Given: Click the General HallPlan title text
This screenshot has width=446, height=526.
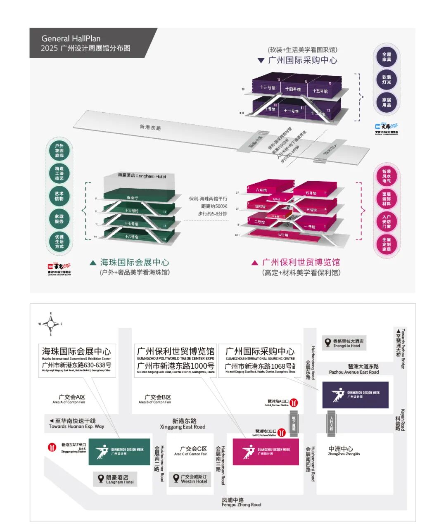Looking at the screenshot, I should pyautogui.click(x=71, y=38).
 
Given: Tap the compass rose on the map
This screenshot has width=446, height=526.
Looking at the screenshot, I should pyautogui.click(x=51, y=324).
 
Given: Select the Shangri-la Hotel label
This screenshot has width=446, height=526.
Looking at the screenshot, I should pyautogui.click(x=344, y=343).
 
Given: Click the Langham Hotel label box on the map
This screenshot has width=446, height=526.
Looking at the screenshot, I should pyautogui.click(x=115, y=479).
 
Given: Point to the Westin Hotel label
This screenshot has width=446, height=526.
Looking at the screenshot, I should pyautogui.click(x=190, y=479).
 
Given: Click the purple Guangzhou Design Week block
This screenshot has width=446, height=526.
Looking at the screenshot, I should pyautogui.click(x=355, y=395).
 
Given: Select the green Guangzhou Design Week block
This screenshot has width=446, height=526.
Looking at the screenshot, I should pyautogui.click(x=119, y=452).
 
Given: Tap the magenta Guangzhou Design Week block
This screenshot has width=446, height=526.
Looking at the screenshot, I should pyautogui.click(x=266, y=452).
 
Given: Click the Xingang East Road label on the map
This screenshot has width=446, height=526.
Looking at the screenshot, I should pyautogui.click(x=183, y=424).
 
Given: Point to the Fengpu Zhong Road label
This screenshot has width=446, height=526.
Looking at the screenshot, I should pyautogui.click(x=241, y=502).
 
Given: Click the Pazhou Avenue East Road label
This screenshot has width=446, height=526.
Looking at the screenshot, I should pyautogui.click(x=353, y=369).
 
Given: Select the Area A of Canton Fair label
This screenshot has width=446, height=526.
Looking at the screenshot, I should pyautogui.click(x=69, y=399).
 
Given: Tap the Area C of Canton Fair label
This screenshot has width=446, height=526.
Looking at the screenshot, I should pyautogui.click(x=191, y=451).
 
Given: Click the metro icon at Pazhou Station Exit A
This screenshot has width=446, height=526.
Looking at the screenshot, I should pyautogui.click(x=294, y=403).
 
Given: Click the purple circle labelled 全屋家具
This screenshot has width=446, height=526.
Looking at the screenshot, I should pyautogui.click(x=387, y=57).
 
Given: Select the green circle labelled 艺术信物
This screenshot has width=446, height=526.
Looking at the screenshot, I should pyautogui.click(x=59, y=196).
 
